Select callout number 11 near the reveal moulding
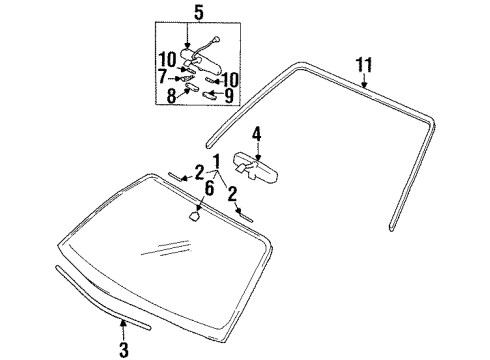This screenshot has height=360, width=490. pos(366,66)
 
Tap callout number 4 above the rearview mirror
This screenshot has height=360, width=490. pos(256,133)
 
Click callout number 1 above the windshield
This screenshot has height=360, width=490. pos(213,162)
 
